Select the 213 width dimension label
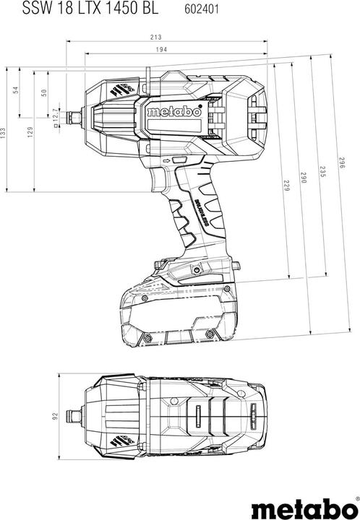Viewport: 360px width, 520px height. pyautogui.click(x=157, y=37)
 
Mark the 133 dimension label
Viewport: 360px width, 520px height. pyautogui.click(x=4, y=131)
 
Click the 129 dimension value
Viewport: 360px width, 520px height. pyautogui.click(x=30, y=131)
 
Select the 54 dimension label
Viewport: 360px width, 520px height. pyautogui.click(x=17, y=90)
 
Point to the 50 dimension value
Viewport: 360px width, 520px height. pyautogui.click(x=43, y=92)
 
